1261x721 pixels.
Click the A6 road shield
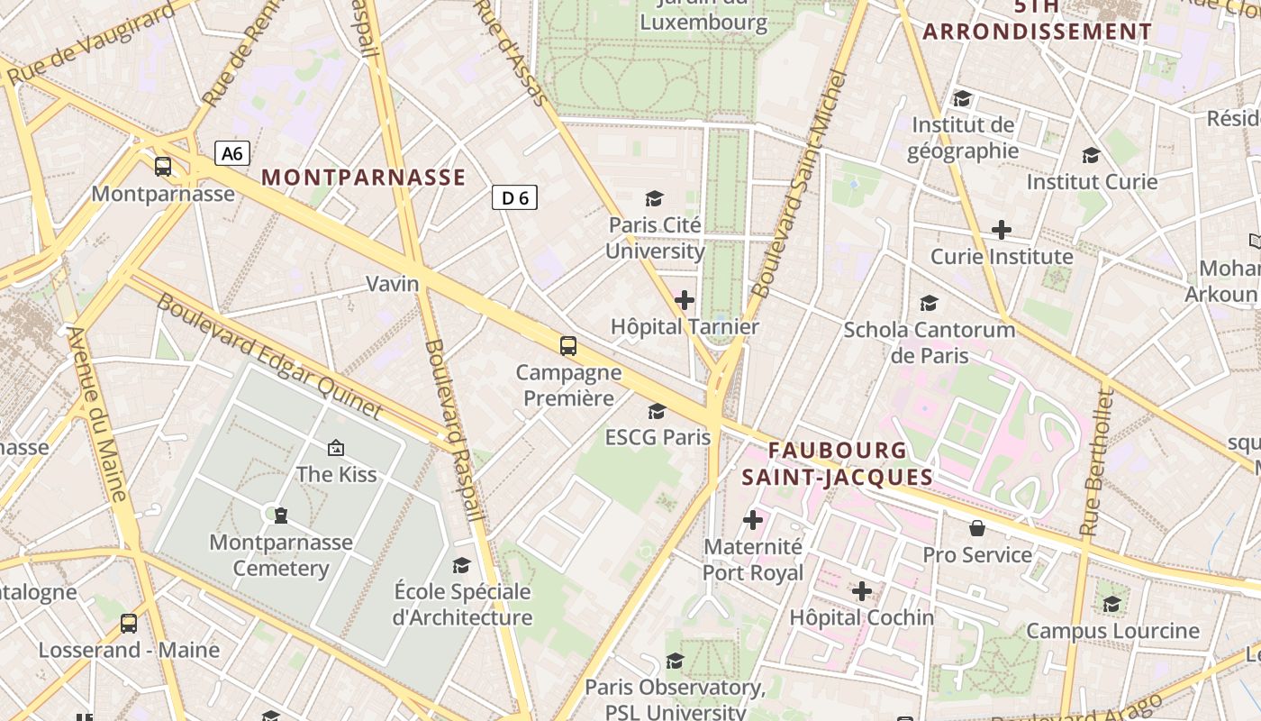[232, 153]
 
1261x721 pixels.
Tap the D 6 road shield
[514, 197]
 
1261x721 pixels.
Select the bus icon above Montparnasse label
[163, 167]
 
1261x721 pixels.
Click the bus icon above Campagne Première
[567, 345]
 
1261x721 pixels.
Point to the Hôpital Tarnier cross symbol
[685, 300]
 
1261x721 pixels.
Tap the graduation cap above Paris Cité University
[654, 198]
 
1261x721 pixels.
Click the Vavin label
[392, 284]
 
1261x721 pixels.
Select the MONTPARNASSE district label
[364, 178]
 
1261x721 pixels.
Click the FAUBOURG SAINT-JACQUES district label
[838, 463]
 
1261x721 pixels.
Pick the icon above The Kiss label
[336, 447]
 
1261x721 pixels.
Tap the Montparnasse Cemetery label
[281, 555]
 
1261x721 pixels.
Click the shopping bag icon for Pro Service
[976, 527]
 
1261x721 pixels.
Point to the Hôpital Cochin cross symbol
[862, 591]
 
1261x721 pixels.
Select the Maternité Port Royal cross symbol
[753, 520]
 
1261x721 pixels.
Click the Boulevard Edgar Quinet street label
[270, 356]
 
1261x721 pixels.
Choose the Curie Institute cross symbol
[1001, 230]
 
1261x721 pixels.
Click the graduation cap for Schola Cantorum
[929, 304]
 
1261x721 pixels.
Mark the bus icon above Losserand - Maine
[129, 623]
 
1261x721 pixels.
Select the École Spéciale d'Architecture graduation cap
[461, 565]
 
